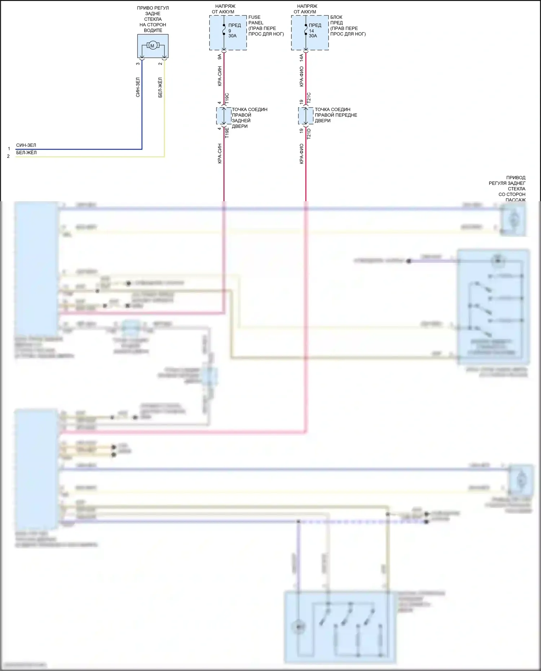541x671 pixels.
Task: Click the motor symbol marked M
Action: [x=152, y=46]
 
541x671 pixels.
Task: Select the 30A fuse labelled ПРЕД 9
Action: [x=224, y=31]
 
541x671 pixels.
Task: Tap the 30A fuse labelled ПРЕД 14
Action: [x=306, y=31]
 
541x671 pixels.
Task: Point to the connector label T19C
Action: [x=227, y=99]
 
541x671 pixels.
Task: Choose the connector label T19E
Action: [x=227, y=133]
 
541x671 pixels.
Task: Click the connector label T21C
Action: [x=309, y=98]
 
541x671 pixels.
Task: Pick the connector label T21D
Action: [x=309, y=134]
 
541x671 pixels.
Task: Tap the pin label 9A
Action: [x=219, y=57]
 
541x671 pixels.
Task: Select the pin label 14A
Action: [x=301, y=58]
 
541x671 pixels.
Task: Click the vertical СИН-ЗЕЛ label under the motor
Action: [x=138, y=87]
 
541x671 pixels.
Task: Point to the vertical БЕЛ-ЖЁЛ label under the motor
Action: [x=160, y=87]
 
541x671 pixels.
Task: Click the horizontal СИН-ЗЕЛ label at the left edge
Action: [x=26, y=145]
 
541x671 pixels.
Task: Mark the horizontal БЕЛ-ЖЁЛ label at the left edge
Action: [x=26, y=153]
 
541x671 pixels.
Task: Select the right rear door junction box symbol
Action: [x=224, y=116]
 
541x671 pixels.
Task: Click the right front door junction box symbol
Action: [x=305, y=116]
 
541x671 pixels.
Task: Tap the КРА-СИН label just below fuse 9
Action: [x=219, y=76]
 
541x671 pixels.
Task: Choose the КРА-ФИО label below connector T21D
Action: [x=301, y=154]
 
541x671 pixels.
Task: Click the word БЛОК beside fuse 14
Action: [x=336, y=17]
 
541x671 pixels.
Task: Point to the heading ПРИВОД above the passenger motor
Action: [x=516, y=178]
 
